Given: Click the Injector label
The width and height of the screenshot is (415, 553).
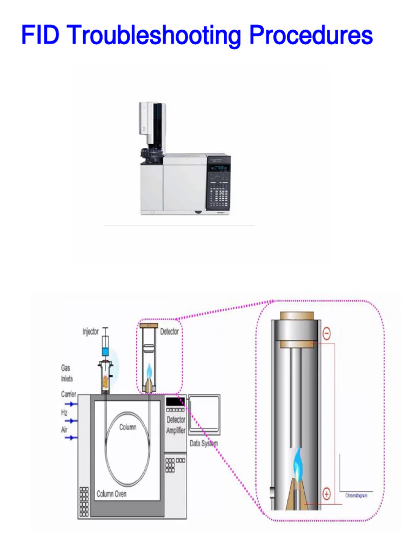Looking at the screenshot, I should click(90, 331).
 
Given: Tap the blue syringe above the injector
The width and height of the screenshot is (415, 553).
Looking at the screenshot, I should click(106, 346).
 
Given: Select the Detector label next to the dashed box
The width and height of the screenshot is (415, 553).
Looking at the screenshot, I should click(169, 332).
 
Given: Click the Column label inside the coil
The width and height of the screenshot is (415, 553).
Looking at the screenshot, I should click(128, 427).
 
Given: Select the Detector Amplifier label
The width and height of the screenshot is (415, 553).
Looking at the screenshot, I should click(176, 424).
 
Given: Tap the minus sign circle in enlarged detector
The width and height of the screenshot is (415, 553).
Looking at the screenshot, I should click(326, 334).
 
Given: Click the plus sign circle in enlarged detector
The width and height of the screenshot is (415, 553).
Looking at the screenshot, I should click(326, 493).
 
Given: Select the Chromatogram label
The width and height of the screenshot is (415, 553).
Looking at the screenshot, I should click(356, 495).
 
